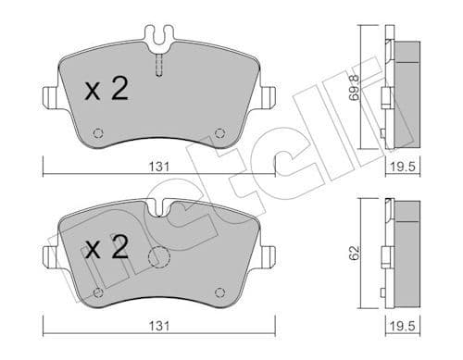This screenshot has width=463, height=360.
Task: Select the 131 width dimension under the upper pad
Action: (x=160, y=167)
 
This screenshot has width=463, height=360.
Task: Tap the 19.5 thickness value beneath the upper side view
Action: (x=399, y=167)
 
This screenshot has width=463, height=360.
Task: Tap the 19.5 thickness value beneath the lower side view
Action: (x=399, y=328)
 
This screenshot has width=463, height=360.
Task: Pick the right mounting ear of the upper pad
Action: (x=269, y=95)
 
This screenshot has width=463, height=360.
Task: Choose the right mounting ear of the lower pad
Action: (x=269, y=256)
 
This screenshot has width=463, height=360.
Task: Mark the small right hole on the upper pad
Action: (x=219, y=132)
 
